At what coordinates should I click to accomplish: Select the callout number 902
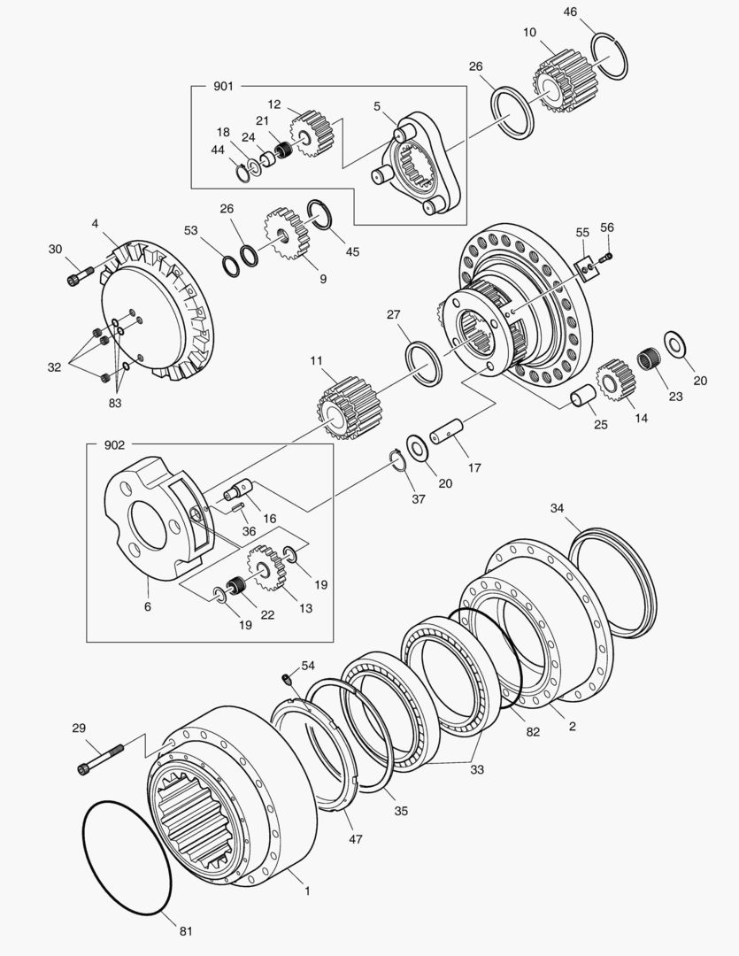pyautogui.click(x=114, y=444)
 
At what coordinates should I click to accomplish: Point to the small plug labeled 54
pyautogui.click(x=286, y=679)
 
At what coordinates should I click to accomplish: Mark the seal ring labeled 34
pyautogui.click(x=613, y=581)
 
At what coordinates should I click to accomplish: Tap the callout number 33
pyautogui.click(x=477, y=770)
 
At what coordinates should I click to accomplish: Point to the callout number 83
pyautogui.click(x=114, y=403)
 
